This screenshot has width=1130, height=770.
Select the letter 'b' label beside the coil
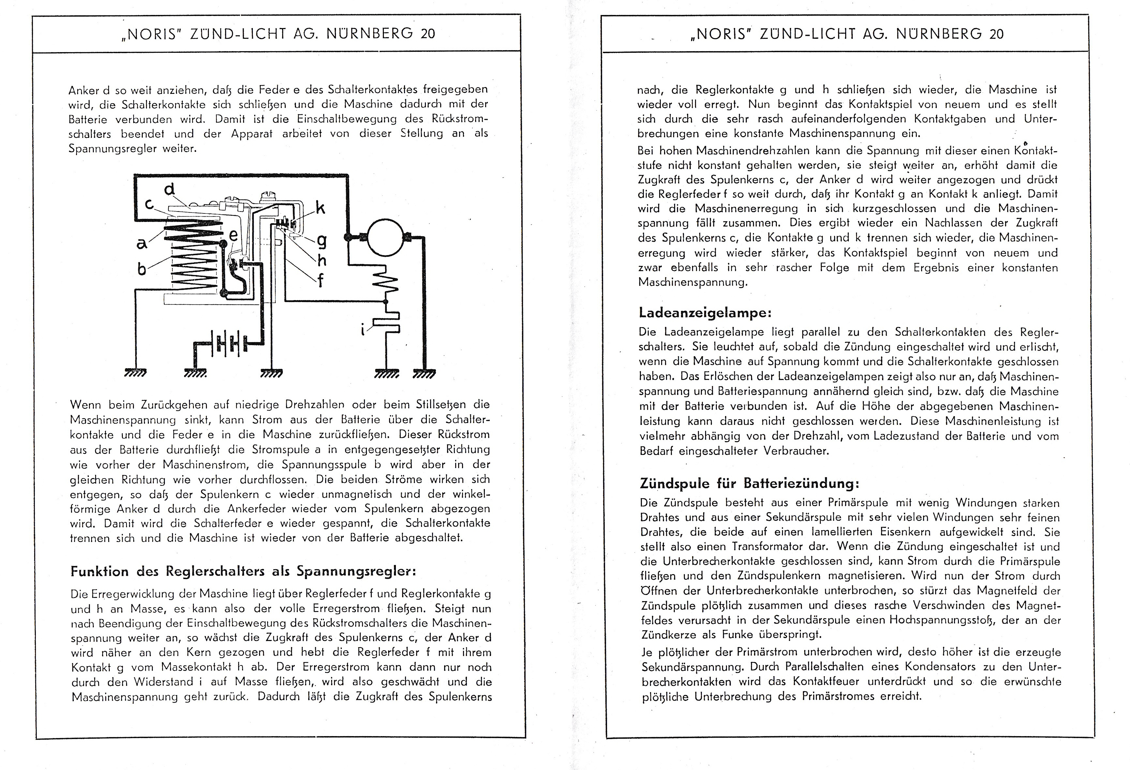141,269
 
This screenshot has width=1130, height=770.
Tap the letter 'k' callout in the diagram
320,208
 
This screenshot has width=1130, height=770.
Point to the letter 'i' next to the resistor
362,330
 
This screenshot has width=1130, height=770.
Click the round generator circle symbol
385,238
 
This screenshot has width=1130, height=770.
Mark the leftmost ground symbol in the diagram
136,374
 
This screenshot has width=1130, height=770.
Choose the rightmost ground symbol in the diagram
424,374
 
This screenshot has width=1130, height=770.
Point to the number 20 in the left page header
427,34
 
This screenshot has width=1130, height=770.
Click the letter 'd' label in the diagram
169,189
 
